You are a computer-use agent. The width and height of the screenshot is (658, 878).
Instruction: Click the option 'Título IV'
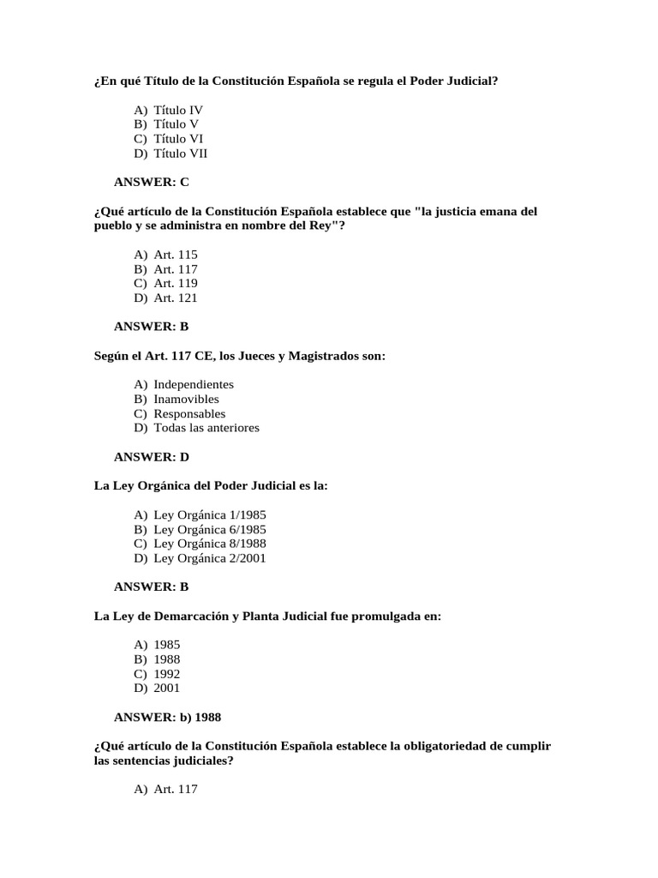pos(178,111)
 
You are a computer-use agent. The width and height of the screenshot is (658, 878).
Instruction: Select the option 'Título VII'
pos(180,154)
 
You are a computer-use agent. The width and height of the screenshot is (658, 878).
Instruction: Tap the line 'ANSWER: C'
pos(151,182)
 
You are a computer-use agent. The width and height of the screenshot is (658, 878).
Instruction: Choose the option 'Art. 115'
pos(176,256)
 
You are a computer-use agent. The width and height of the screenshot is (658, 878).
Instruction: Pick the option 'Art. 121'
pos(176,298)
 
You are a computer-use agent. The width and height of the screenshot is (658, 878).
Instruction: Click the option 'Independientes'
pos(194,385)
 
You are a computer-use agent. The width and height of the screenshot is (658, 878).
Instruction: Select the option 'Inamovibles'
pos(186,400)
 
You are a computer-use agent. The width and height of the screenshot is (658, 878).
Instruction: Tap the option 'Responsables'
pos(189,414)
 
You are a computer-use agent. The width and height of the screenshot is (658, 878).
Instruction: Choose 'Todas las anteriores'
pos(206,428)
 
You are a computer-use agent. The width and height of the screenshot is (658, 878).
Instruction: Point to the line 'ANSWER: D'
pos(152,457)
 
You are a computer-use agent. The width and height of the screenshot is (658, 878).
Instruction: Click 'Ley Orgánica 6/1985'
pos(210,530)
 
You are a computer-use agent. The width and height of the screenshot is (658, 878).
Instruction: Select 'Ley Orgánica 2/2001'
pos(210,558)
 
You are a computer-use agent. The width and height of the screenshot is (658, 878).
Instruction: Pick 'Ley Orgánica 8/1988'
pos(210,544)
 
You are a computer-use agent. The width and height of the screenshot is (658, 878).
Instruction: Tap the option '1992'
pos(167,674)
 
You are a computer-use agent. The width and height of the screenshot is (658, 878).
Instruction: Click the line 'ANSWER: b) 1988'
pos(167,717)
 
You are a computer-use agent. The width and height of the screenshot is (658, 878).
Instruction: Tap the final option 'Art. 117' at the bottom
pos(176,790)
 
